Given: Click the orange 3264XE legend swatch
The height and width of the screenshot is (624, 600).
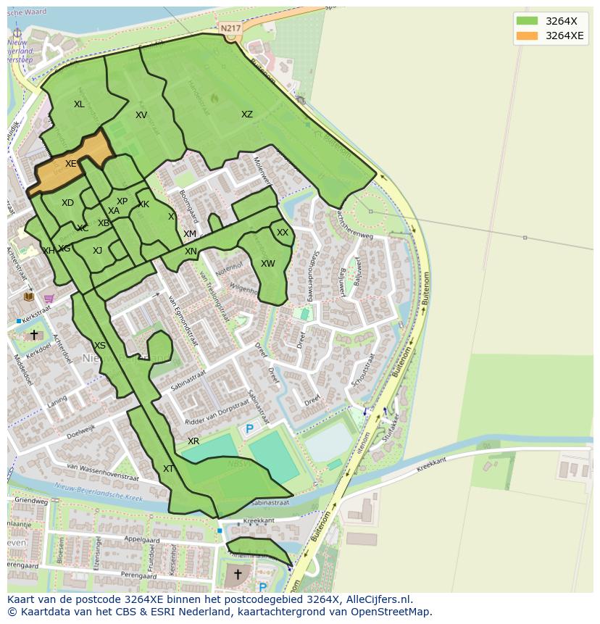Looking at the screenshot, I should pyautogui.click(x=528, y=36).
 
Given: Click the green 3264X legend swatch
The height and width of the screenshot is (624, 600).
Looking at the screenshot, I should pyautogui.click(x=528, y=21).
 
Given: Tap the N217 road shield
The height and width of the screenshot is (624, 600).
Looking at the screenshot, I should pyautogui.click(x=230, y=28).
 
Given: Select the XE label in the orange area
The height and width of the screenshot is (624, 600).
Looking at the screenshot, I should pyautogui.click(x=70, y=164).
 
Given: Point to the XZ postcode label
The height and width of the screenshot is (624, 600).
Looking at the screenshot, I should pyautogui.click(x=247, y=115).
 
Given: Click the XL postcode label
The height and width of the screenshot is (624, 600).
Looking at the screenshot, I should pyautogui.click(x=79, y=104).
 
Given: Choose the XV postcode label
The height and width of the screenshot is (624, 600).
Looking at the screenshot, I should pyautogui.click(x=141, y=115).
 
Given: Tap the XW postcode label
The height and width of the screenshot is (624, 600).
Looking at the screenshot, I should pyautogui.click(x=268, y=264).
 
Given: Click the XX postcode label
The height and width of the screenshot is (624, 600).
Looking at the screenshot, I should pyautogui.click(x=283, y=233).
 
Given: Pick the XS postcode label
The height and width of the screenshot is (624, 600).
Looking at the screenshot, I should pyautogui.click(x=100, y=346).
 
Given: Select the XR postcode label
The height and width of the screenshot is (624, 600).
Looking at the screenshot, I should pyautogui.click(x=193, y=441).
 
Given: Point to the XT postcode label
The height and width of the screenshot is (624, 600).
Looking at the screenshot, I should pyautogui.click(x=168, y=469).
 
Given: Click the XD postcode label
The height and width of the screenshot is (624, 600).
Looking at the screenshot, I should pyautogui.click(x=67, y=203).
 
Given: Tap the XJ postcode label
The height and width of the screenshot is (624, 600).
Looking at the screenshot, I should pyautogui.click(x=97, y=251).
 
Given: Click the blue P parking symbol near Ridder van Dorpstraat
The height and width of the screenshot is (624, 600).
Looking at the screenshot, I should pyautogui.click(x=250, y=429).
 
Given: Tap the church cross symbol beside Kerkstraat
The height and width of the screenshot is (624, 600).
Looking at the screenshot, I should pyautogui.click(x=34, y=335).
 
